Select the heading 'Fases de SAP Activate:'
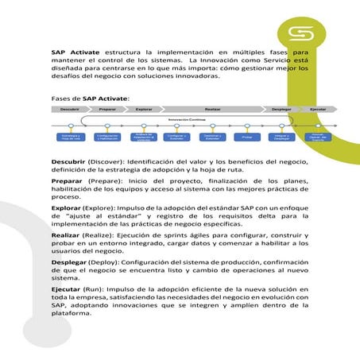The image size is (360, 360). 85,96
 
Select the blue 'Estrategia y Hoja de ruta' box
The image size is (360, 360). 71,137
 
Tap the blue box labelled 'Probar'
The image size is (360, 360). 247,137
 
